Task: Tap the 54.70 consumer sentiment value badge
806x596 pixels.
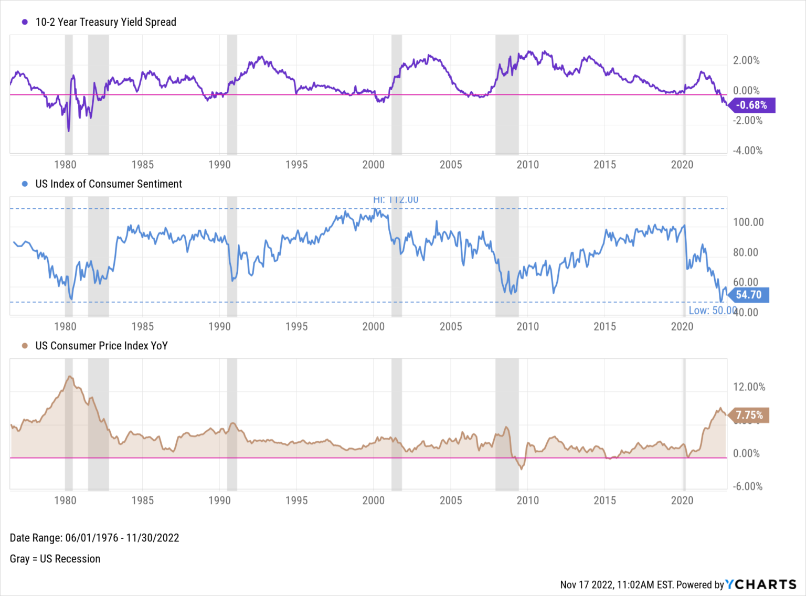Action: [748, 295]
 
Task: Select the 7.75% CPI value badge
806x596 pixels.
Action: [749, 416]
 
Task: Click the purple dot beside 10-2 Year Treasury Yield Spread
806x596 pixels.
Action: [24, 22]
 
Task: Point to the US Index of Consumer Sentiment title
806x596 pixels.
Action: [108, 184]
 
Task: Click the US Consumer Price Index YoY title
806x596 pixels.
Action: [101, 346]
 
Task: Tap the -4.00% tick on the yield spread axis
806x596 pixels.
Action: [747, 151]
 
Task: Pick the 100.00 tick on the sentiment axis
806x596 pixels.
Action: [748, 222]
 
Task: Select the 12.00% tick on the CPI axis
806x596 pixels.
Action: [749, 387]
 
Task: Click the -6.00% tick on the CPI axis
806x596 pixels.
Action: [747, 486]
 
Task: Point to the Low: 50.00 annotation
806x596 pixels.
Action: [712, 311]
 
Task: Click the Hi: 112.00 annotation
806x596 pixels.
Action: [396, 200]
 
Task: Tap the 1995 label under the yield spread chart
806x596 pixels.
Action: [296, 165]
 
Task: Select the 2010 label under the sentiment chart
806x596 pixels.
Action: [527, 326]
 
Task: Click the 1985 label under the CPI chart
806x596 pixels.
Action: [142, 501]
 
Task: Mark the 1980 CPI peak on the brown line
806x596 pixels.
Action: [70, 377]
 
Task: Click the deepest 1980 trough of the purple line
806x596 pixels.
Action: [68, 131]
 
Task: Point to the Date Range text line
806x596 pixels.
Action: [94, 538]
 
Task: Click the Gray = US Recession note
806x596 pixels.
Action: [55, 559]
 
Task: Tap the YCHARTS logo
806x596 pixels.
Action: [760, 584]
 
